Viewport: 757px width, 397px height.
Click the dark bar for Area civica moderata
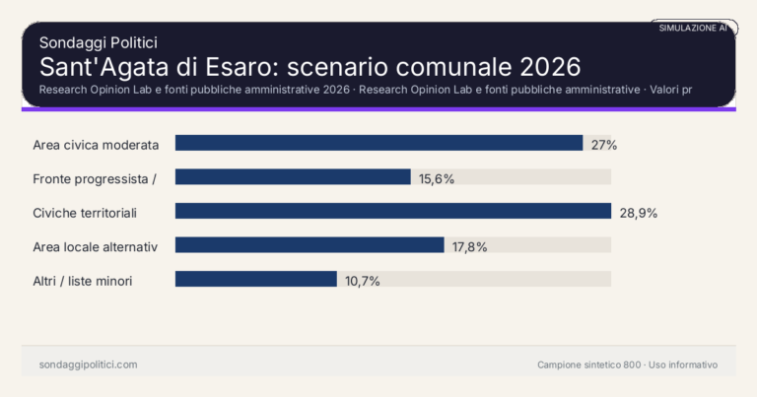(378, 143)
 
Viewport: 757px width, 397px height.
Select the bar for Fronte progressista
(293, 177)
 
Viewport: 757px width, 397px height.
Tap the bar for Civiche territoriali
(393, 211)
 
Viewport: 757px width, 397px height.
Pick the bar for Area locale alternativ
(310, 245)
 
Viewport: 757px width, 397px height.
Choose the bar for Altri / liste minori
(256, 280)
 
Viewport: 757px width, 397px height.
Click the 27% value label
(604, 145)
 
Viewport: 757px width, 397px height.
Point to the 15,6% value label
(437, 178)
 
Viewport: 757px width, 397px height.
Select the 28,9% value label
(638, 213)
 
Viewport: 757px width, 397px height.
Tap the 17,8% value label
(470, 246)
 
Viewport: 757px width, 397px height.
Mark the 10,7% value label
(362, 281)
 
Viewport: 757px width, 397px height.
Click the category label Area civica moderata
(96, 145)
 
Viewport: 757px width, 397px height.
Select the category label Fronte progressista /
(95, 178)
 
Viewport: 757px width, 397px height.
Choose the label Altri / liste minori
(83, 281)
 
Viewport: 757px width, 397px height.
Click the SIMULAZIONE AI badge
(693, 28)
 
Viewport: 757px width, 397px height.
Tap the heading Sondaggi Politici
(99, 42)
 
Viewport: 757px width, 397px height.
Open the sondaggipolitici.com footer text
(88, 364)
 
